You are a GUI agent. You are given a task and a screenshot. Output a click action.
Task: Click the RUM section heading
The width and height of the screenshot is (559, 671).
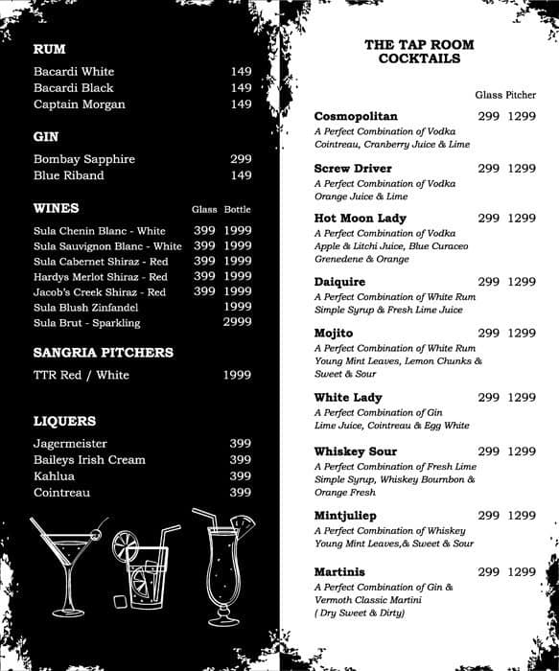(49, 49)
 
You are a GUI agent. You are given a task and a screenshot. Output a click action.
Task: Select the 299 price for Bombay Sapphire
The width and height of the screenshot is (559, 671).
(241, 159)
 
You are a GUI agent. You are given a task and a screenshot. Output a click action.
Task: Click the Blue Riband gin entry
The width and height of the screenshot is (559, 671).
(68, 175)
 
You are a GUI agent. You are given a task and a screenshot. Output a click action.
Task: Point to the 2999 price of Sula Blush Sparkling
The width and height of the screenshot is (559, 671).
(237, 322)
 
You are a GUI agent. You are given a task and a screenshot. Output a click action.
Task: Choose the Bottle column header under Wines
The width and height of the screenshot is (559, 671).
(237, 209)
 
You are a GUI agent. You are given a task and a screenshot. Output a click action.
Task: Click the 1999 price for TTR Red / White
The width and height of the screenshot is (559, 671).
(237, 375)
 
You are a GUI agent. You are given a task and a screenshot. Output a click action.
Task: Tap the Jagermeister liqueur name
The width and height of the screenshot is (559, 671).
(70, 444)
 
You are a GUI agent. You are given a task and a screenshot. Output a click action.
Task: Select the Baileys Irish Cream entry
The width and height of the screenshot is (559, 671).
(89, 460)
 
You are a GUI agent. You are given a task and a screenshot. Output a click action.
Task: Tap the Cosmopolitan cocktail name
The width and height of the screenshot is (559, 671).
(355, 116)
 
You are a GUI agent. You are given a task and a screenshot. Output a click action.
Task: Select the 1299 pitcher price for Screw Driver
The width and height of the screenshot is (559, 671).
(522, 169)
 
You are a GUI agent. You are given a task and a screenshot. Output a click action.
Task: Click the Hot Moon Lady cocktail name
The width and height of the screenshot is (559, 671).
(360, 219)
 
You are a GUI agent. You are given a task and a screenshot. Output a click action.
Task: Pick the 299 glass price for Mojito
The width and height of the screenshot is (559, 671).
(489, 333)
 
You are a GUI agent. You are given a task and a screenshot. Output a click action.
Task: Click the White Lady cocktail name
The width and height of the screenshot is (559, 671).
(348, 397)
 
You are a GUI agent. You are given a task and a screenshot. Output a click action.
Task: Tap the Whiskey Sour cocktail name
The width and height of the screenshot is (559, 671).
(355, 451)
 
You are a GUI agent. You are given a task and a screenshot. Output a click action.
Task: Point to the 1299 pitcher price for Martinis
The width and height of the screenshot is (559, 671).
(522, 572)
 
